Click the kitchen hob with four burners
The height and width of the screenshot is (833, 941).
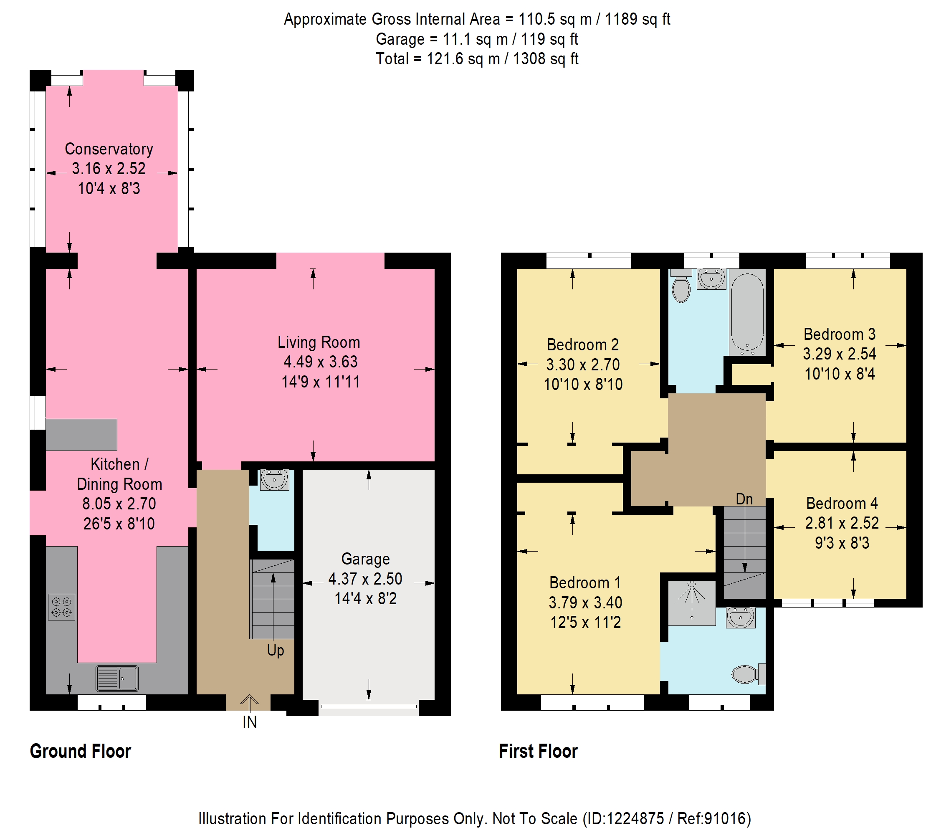click(x=61, y=607)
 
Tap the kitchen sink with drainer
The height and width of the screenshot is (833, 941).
click(x=117, y=678)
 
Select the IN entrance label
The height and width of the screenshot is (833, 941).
click(x=250, y=722)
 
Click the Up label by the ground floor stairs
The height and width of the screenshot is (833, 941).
click(x=275, y=651)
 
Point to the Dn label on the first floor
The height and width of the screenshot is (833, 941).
click(x=744, y=499)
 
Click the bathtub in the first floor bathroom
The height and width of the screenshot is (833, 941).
click(x=747, y=312)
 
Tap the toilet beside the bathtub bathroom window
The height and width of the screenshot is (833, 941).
click(x=681, y=286)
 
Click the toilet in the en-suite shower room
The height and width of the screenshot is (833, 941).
click(x=749, y=675)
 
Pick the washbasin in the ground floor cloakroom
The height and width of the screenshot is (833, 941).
click(x=274, y=479)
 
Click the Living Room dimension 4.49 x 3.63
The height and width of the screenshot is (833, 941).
click(x=321, y=362)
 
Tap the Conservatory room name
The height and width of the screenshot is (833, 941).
click(x=109, y=149)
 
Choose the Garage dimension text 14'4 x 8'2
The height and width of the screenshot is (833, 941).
click(x=366, y=599)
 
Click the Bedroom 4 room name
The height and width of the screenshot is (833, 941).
click(x=842, y=503)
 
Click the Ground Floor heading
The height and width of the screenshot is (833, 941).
click(x=81, y=751)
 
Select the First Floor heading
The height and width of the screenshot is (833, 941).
click(x=538, y=751)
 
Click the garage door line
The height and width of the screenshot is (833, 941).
click(x=369, y=706)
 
